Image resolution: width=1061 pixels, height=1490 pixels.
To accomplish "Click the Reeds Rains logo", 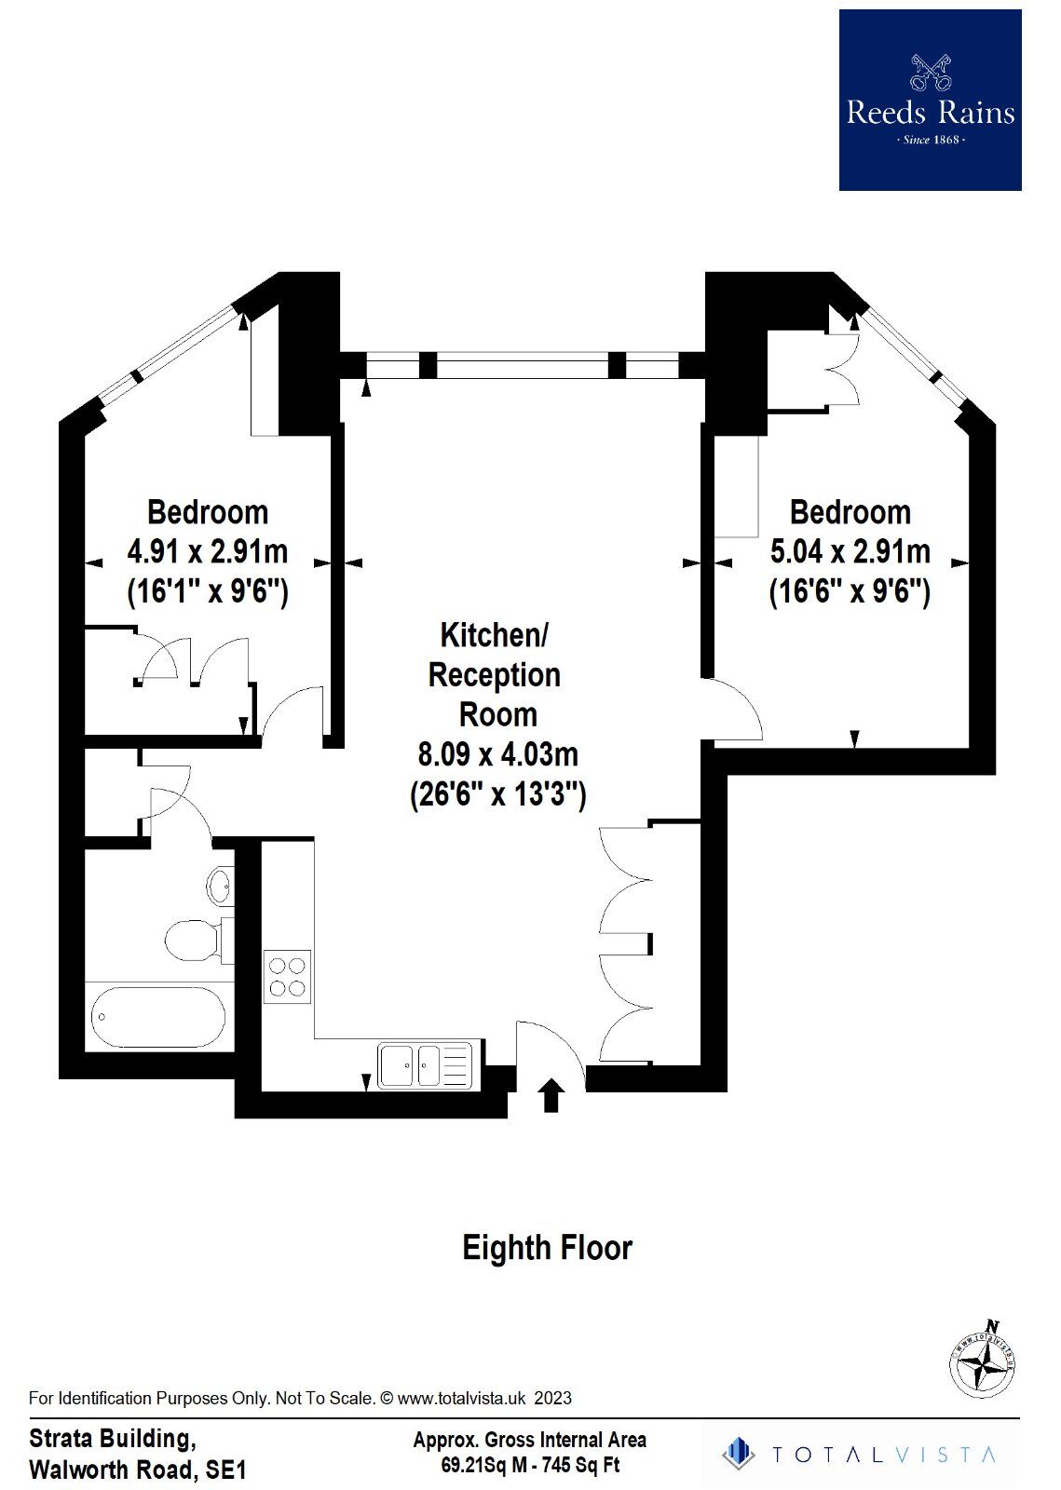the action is pos(930,100).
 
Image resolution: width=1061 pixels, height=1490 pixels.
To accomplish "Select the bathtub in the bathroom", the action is pos(158,1016).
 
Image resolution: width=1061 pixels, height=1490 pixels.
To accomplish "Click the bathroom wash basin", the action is pos(220,886).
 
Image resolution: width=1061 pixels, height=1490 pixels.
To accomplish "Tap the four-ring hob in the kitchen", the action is pos(287,977).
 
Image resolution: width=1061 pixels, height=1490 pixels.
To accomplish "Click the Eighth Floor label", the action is pos(547,1248).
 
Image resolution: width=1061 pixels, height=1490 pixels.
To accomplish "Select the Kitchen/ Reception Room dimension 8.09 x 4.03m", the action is pos(497,754).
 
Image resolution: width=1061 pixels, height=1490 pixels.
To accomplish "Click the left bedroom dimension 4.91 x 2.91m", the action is pos(208,551).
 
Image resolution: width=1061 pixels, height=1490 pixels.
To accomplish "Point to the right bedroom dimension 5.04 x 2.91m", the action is pos(850,551).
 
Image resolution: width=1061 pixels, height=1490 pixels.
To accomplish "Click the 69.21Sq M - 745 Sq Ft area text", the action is pos(531,1465).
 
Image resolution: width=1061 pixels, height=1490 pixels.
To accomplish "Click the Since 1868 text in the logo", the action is pos(931,140).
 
